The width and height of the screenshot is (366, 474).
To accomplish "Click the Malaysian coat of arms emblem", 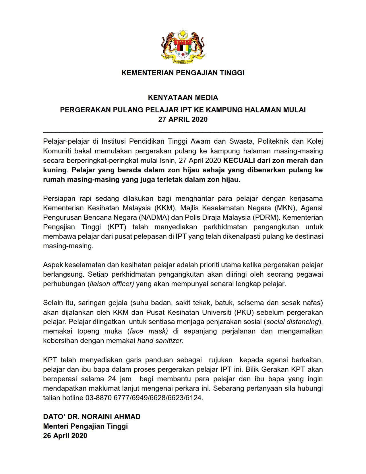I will point(183,46).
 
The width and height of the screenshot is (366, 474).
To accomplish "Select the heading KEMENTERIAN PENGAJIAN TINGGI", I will point(183,73).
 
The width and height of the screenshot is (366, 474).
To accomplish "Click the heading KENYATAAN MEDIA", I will point(183,98).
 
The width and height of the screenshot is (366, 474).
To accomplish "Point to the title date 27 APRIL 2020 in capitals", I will point(183,120).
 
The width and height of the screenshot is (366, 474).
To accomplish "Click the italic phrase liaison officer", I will point(112,284).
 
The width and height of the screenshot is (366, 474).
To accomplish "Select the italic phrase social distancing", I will point(293,322).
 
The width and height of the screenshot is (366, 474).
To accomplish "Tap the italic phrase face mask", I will point(148,331).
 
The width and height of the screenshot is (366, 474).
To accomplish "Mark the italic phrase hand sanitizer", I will point(160,341).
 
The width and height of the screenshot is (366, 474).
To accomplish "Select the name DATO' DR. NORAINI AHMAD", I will point(92,417).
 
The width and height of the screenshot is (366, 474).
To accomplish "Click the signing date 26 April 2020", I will point(65,436).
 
